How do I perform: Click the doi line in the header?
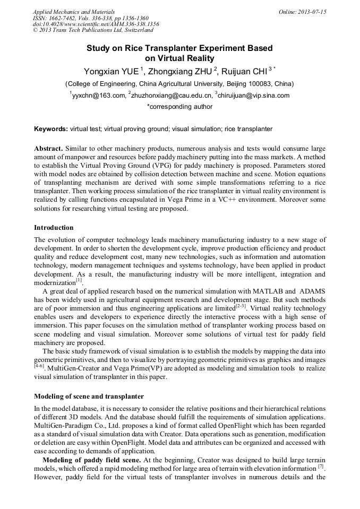(96, 24)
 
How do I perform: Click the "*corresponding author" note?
(179, 107)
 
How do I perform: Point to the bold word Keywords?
(51, 129)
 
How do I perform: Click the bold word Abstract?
(49, 149)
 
